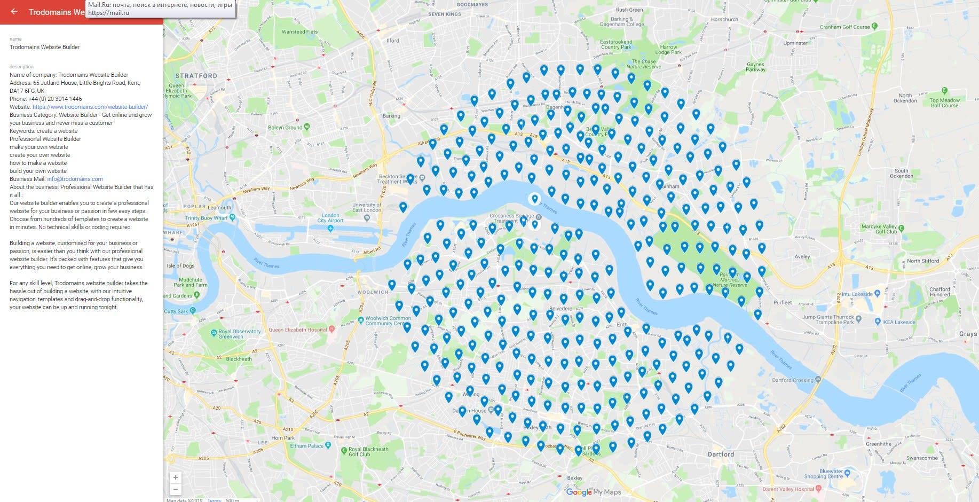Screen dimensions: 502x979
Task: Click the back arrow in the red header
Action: pyautogui.click(x=14, y=12)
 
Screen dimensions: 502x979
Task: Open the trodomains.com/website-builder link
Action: pyautogui.click(x=90, y=107)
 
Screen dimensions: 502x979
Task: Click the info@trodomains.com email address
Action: pyautogui.click(x=75, y=179)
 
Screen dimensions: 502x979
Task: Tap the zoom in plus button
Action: pyautogui.click(x=175, y=477)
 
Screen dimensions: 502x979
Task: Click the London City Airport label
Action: pyautogui.click(x=330, y=218)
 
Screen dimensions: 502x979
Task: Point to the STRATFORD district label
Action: pyautogui.click(x=196, y=76)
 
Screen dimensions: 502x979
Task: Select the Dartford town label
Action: pyautogui.click(x=721, y=454)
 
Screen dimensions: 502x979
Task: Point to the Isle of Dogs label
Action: pyautogui.click(x=180, y=265)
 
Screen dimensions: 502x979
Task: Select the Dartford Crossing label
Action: pyautogui.click(x=793, y=380)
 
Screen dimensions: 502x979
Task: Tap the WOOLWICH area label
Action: pyautogui.click(x=373, y=292)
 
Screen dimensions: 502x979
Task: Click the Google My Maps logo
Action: pyautogui.click(x=593, y=492)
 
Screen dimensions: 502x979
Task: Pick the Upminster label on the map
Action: pyautogui.click(x=795, y=43)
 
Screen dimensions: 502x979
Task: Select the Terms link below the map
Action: pyautogui.click(x=214, y=500)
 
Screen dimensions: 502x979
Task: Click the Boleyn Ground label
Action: pyautogui.click(x=285, y=128)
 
